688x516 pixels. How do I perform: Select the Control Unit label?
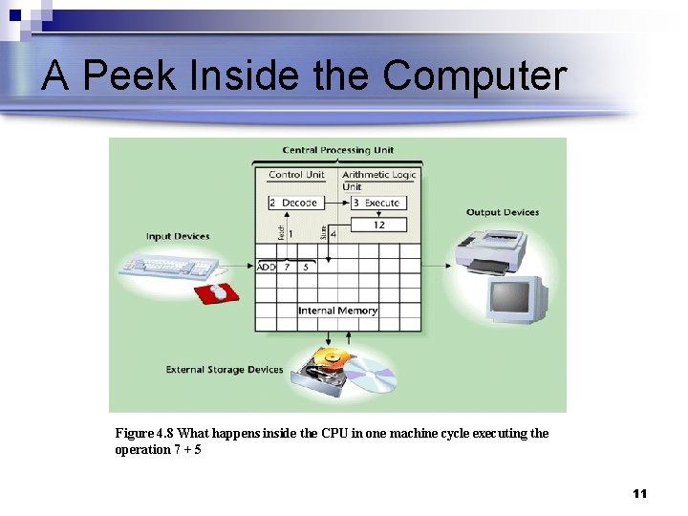[296, 175]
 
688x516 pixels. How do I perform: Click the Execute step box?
[376, 203]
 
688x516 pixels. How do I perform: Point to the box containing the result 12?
[378, 225]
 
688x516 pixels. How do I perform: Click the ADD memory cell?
[267, 268]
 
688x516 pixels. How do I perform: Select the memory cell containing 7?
[287, 268]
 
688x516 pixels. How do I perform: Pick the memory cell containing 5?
[306, 268]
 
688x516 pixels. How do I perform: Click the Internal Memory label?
[337, 311]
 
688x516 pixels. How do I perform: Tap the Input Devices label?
[178, 236]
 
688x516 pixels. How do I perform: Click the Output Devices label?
[503, 212]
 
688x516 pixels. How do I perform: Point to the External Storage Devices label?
[225, 370]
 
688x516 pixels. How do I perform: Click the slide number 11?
[639, 493]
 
